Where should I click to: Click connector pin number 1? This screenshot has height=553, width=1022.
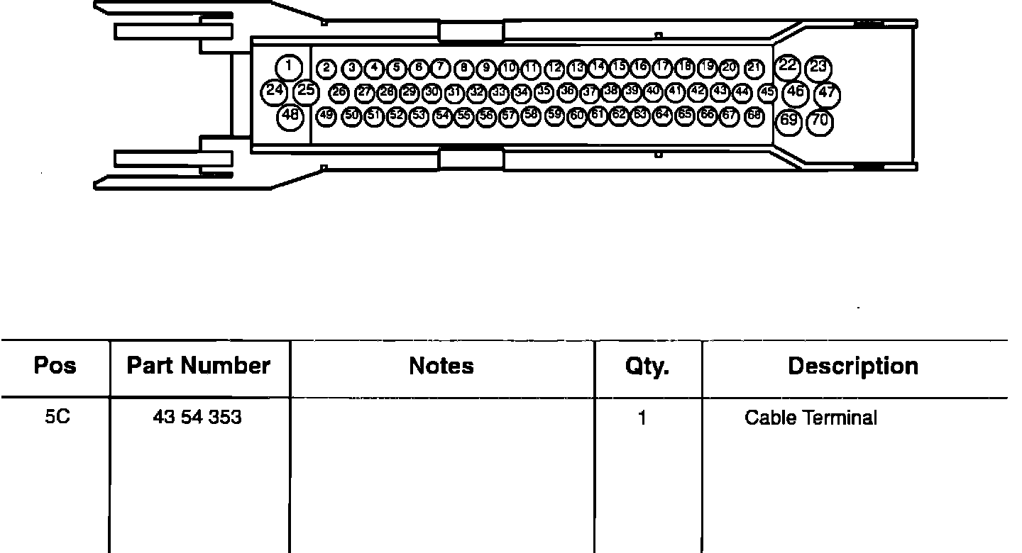coord(289,67)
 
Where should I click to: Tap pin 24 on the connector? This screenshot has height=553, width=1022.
coord(274,91)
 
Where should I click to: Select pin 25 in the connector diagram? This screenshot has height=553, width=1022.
coord(306,91)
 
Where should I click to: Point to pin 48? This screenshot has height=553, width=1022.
coord(290,116)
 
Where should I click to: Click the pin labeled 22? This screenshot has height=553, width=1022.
coord(787,67)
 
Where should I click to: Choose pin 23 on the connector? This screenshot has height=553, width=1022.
coord(818,67)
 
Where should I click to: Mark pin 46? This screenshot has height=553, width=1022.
coord(796,91)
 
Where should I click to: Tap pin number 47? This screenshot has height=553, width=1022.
coord(827,94)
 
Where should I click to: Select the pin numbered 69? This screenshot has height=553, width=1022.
coord(789,120)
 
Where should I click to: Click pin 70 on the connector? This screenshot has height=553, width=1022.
coord(820,121)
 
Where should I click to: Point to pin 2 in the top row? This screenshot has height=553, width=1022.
coord(326,69)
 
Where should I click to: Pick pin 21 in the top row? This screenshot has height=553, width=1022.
coord(754,68)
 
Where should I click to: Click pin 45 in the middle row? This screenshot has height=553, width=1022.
coord(767,92)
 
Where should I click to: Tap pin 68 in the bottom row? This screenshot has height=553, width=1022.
coord(754,115)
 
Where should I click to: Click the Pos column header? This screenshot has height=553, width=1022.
coord(55,366)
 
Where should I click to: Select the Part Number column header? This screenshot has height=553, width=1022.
coord(198,366)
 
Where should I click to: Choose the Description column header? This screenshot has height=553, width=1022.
coord(852,366)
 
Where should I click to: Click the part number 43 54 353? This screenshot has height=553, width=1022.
coord(197,418)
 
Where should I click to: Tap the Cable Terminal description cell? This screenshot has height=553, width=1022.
coord(811,418)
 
